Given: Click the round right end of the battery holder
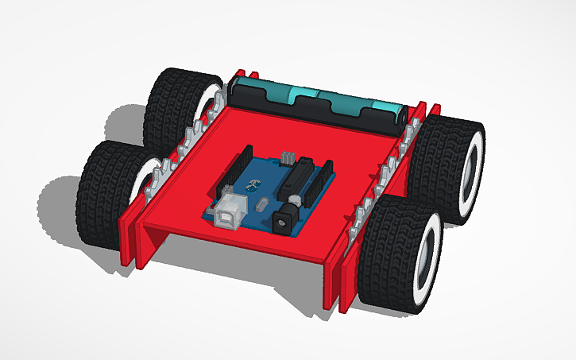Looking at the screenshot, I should pos(402,115).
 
